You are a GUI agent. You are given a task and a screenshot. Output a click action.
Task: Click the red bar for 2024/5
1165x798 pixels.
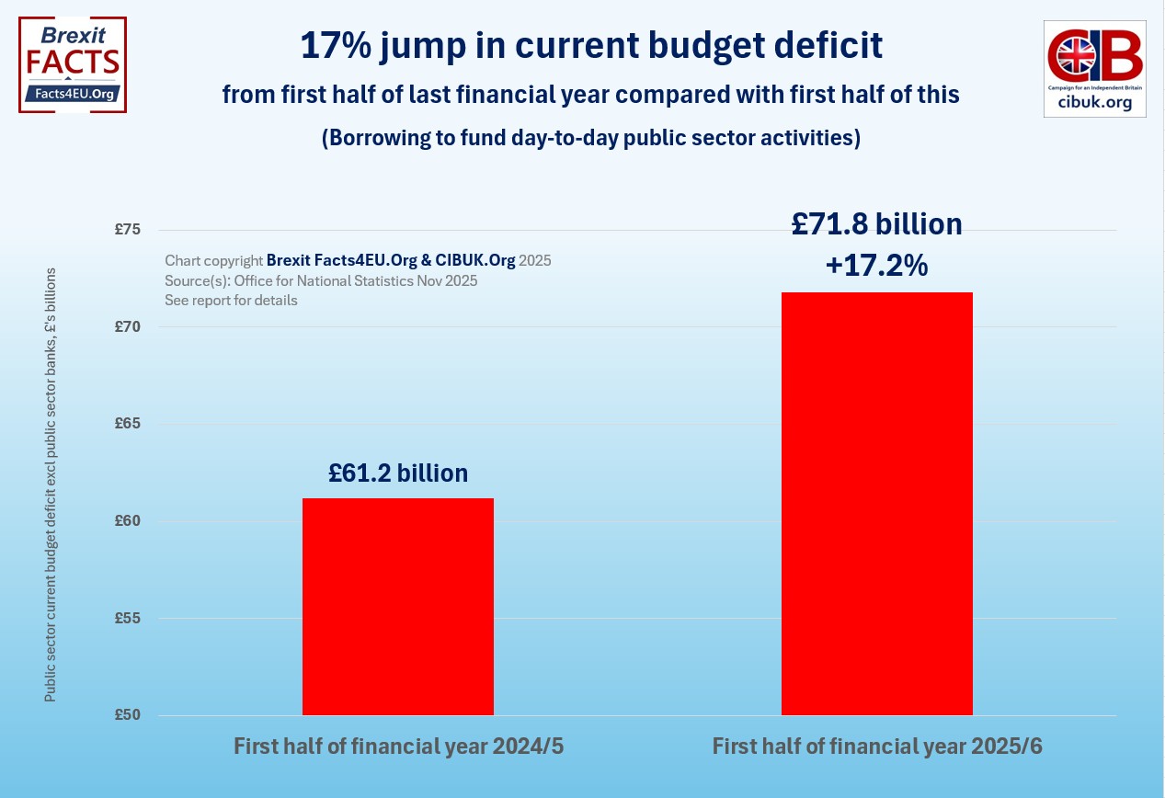pos(397,607)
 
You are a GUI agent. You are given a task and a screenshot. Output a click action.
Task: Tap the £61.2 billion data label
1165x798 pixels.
pos(398,473)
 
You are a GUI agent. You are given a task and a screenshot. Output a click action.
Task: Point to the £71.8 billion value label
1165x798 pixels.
pos(876,224)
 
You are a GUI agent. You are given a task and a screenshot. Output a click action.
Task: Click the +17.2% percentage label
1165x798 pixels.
pos(876,266)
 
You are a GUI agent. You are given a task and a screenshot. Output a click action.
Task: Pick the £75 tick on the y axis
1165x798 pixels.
pos(127,230)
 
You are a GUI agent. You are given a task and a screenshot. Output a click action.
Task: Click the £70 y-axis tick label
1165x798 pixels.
pos(127,326)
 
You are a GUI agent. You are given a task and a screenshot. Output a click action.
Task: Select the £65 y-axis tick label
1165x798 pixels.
pos(127,424)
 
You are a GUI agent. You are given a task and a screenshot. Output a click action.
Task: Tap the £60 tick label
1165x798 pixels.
pos(127,521)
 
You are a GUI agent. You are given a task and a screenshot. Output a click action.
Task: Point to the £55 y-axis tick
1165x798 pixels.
pos(127,618)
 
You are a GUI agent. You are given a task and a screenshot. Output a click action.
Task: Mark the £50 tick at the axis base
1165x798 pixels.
pos(127,715)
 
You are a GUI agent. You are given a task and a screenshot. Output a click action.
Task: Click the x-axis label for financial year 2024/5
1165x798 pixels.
pos(398,747)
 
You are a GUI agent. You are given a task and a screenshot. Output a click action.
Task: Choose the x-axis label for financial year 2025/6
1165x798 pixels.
pos(877,747)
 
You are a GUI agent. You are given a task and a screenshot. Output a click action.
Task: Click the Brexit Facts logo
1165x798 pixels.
pos(73,64)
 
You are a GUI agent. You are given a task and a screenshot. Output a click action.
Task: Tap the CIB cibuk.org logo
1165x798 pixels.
pos(1094,69)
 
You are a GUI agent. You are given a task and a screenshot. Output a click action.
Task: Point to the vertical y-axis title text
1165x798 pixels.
pos(51,485)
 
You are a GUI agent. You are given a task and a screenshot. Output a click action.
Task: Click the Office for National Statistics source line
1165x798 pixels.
pos(321,280)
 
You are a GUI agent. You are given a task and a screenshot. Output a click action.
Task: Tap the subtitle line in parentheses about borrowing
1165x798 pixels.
pos(590,138)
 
